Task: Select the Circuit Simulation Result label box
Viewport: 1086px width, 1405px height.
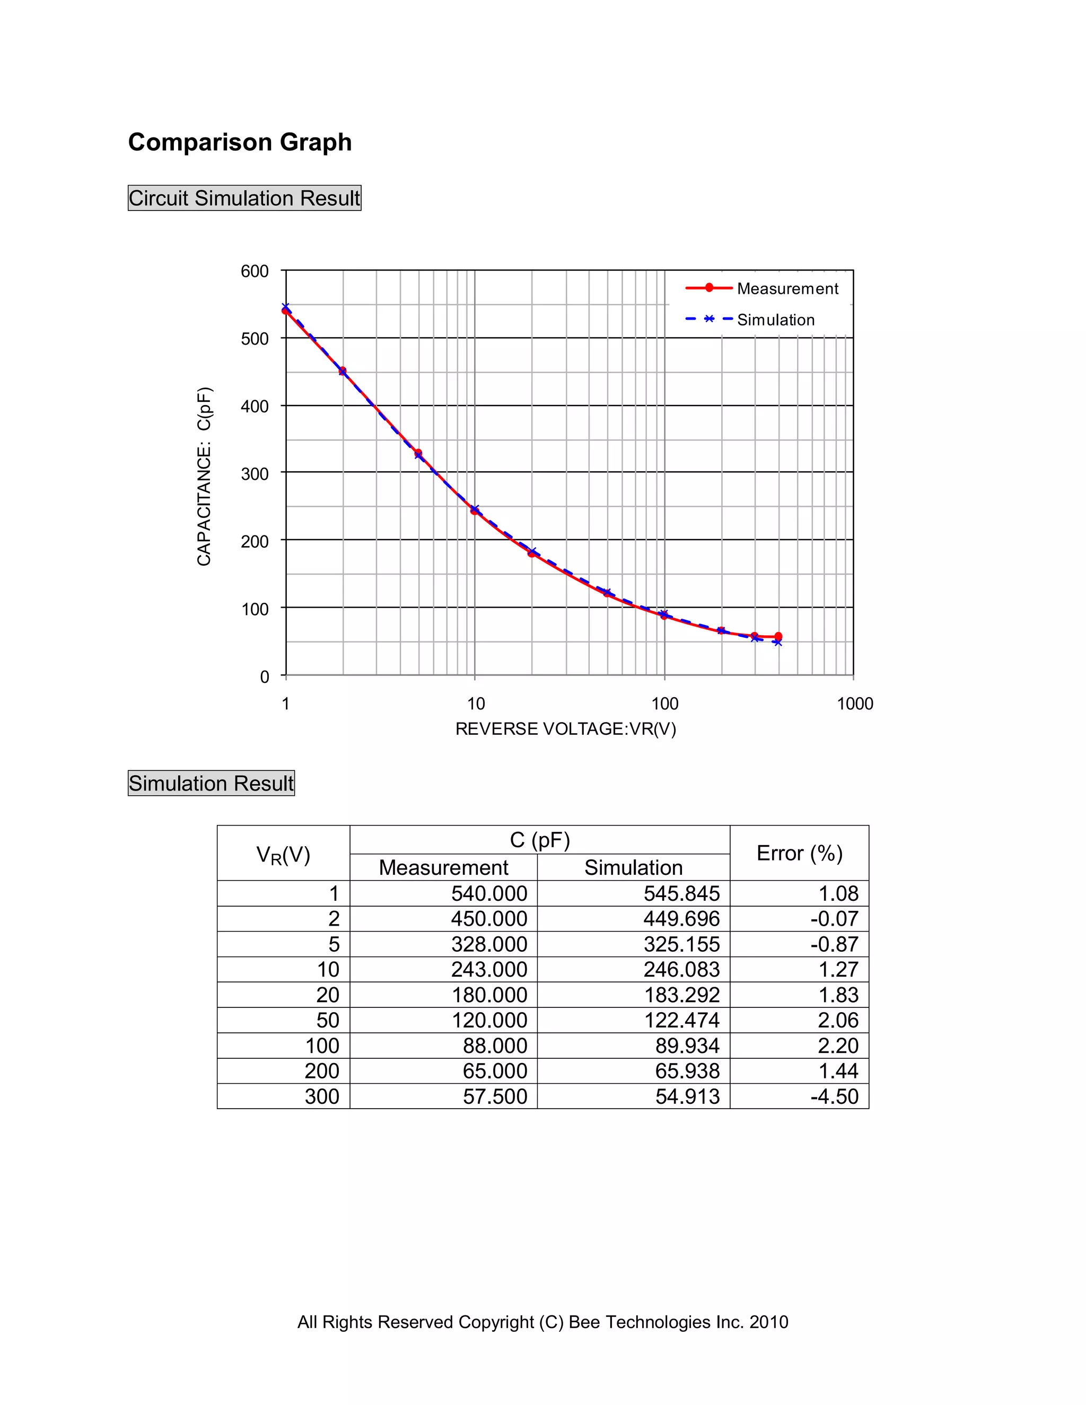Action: (244, 198)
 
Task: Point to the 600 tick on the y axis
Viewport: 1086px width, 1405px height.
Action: (255, 271)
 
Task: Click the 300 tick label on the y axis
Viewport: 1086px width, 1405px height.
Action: (255, 474)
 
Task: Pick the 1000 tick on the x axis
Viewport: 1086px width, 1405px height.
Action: (854, 704)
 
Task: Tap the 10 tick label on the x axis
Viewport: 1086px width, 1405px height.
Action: (476, 704)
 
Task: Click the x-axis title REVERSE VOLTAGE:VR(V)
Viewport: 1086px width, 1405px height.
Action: (565, 729)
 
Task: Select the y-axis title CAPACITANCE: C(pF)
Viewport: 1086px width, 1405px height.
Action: (205, 476)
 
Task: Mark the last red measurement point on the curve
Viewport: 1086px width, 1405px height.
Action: (778, 636)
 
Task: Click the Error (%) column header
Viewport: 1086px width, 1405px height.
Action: (799, 853)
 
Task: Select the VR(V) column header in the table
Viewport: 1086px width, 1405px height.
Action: (283, 854)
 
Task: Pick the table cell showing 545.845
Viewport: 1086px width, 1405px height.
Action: (681, 893)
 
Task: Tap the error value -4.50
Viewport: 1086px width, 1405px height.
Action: (835, 1096)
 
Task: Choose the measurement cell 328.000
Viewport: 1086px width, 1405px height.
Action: (489, 944)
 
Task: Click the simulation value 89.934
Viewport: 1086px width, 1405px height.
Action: (687, 1046)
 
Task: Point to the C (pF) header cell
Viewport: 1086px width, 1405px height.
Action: (540, 840)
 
